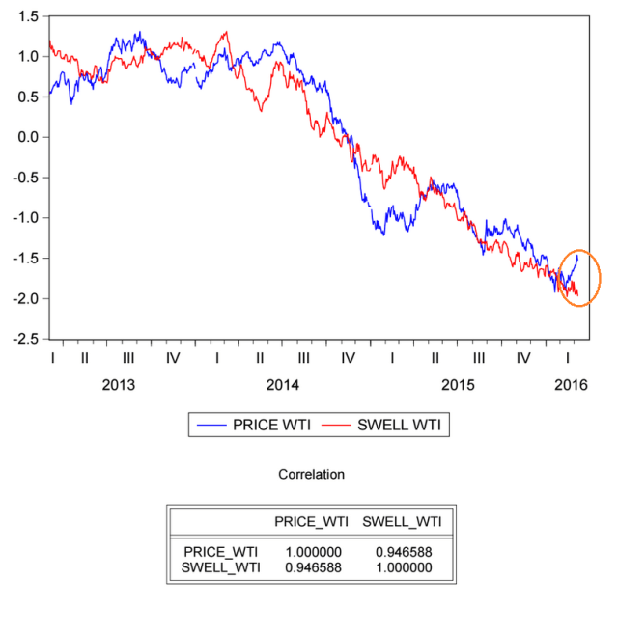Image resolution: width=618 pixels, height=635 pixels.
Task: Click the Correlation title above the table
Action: tap(311, 475)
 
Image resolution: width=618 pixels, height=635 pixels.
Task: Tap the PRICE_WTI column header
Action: tap(311, 522)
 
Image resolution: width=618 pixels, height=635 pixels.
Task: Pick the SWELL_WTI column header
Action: tap(402, 522)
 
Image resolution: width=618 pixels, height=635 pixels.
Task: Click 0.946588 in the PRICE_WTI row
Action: tap(402, 552)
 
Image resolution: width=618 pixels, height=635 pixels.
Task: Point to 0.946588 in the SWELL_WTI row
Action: tap(311, 567)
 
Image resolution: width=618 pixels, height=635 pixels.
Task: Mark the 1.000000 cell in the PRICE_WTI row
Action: tap(311, 552)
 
